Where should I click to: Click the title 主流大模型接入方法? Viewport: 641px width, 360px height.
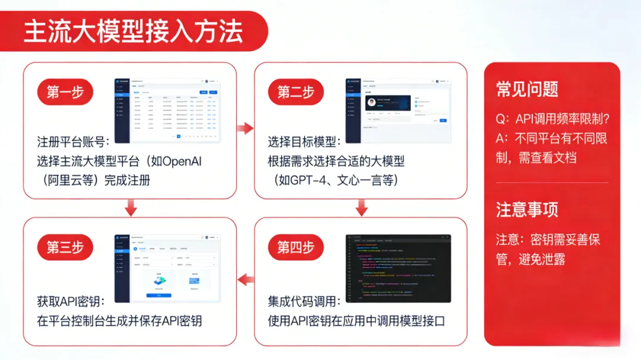134,31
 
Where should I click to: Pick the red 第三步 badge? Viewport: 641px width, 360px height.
65,247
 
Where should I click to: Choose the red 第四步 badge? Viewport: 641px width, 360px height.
296,247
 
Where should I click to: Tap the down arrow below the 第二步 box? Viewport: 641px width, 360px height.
361,208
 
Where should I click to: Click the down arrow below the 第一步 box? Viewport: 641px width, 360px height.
131,208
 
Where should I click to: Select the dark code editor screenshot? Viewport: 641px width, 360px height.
398,268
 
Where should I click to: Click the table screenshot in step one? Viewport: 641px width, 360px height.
167,110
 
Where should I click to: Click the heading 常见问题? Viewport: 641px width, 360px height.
527,89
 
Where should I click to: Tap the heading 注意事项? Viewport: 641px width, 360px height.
527,209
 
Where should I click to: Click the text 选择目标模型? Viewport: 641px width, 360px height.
304,142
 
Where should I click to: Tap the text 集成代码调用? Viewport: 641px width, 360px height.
304,302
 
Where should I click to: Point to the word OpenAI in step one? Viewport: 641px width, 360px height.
181,161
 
